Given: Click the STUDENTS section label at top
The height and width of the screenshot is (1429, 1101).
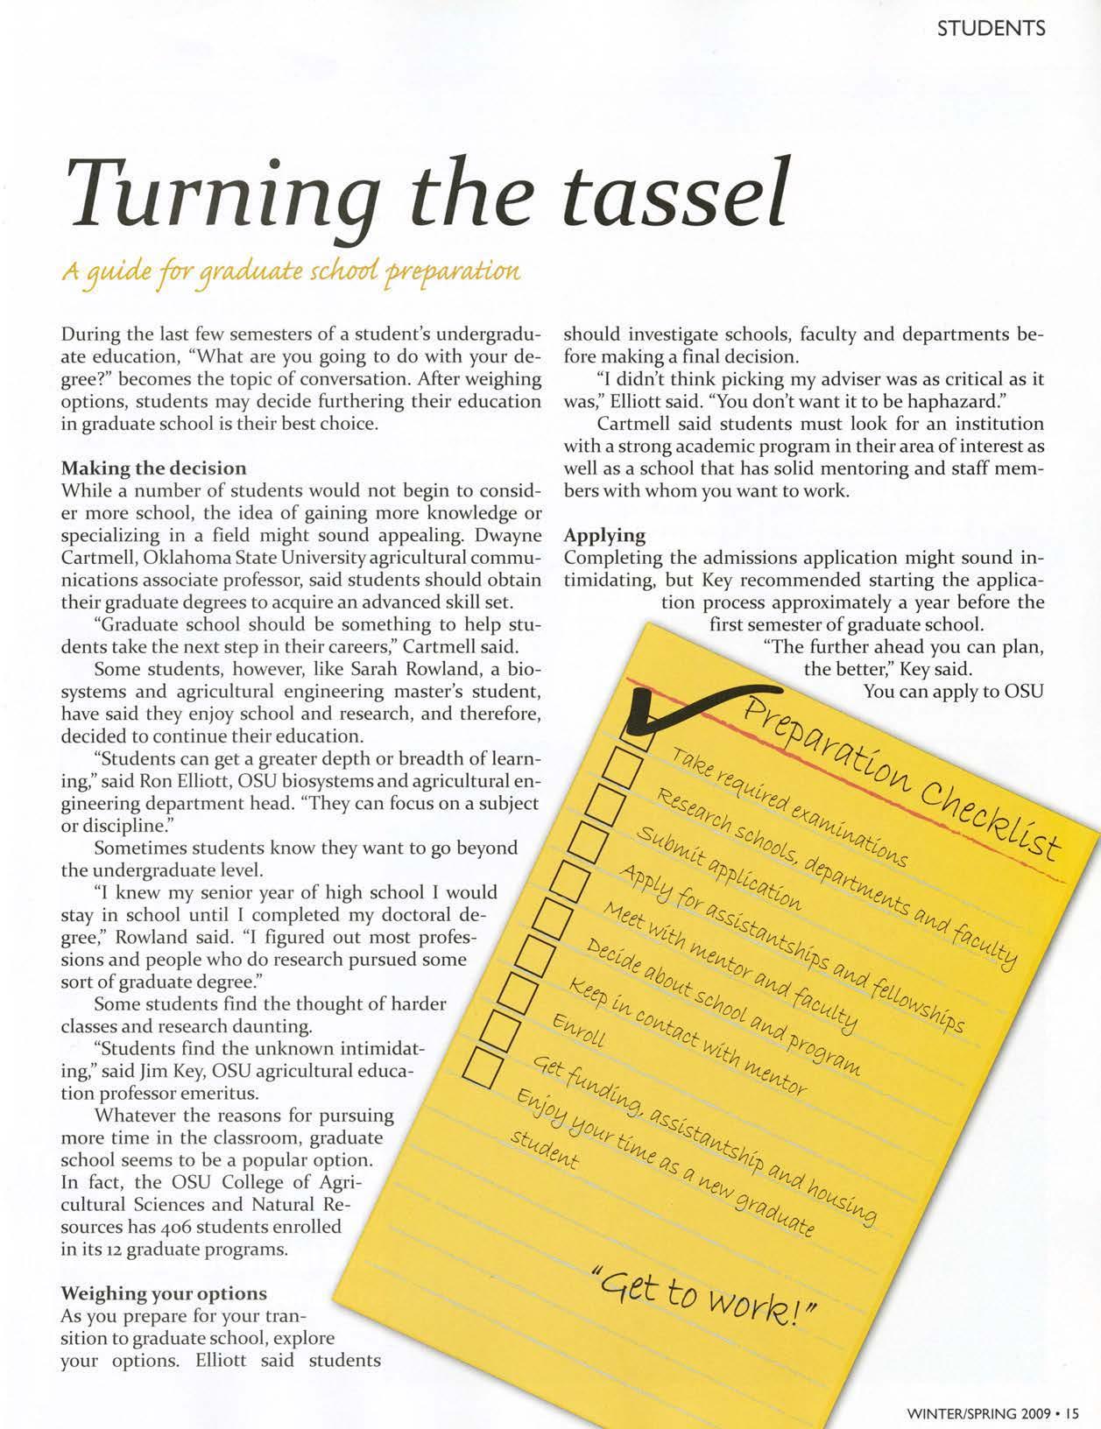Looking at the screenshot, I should click(x=991, y=29).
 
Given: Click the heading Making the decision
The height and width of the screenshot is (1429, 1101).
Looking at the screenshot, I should click(x=152, y=468).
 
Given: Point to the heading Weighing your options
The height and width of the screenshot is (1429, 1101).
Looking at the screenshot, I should click(x=163, y=1293).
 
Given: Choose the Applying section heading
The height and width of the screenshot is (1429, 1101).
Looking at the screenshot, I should click(x=605, y=535).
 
